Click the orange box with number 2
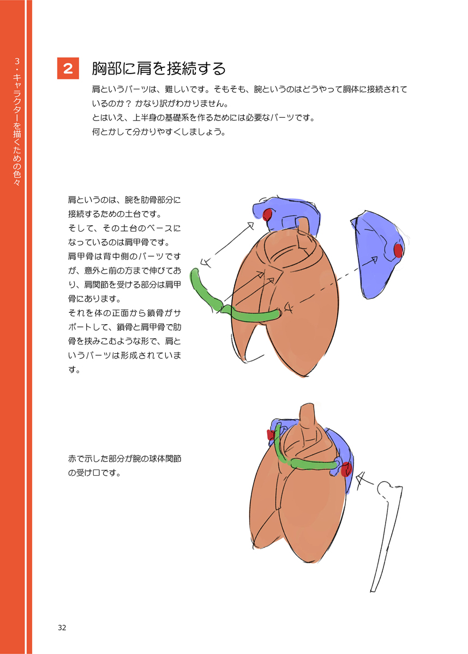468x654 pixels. [68, 68]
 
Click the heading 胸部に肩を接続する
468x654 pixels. [159, 69]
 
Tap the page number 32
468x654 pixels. [62, 628]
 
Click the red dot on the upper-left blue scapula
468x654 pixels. [267, 215]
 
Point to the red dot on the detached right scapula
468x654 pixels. [398, 251]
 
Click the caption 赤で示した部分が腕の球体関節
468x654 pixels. [124, 459]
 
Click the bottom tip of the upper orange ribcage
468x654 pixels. [304, 377]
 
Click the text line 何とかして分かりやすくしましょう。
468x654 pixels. [159, 132]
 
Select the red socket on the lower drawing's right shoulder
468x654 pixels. [346, 469]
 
